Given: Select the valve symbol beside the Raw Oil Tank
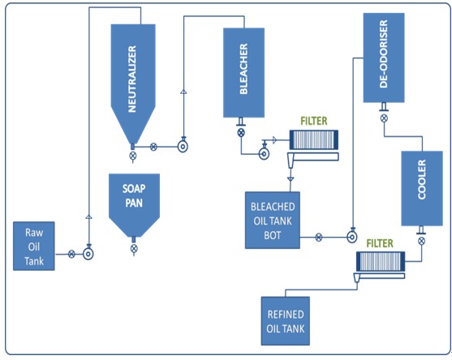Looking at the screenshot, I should pyautogui.click(x=71, y=254).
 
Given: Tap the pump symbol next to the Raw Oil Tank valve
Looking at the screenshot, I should pyautogui.click(x=88, y=254).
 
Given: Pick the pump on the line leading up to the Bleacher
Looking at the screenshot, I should pyautogui.click(x=183, y=147).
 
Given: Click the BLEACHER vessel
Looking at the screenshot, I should pyautogui.click(x=244, y=74).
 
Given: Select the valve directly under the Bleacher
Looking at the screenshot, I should pyautogui.click(x=241, y=133).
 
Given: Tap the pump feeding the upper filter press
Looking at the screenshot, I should pyautogui.click(x=265, y=152).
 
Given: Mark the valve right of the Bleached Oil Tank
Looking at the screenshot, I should pyautogui.click(x=319, y=238).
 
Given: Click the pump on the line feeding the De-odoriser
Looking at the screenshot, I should pyautogui.click(x=351, y=238).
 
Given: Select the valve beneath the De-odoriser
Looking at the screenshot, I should pyautogui.click(x=384, y=118).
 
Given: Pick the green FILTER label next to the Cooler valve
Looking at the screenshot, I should pyautogui.click(x=381, y=242).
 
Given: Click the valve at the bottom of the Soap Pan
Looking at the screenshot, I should pyautogui.click(x=133, y=249).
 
